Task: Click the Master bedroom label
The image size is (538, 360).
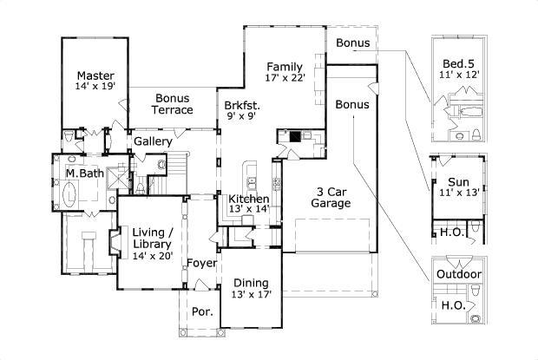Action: coord(95,75)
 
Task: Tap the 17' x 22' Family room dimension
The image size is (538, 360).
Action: coord(285,78)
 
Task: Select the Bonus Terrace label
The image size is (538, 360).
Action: coord(172,104)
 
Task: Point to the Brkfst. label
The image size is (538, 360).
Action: coord(242,105)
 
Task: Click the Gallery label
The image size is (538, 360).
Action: coord(153,141)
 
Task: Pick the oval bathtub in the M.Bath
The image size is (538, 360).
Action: coord(69,194)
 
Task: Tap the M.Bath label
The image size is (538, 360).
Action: coord(85,173)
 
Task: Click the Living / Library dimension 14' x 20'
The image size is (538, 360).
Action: coord(153,255)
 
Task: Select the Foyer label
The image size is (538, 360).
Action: coord(201,264)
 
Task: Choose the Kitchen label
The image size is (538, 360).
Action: coord(249,199)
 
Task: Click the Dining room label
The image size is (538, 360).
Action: coord(251,283)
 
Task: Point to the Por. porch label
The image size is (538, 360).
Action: coord(202,312)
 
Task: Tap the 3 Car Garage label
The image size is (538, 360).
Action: coord(331,198)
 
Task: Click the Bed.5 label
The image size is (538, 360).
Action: coord(458,64)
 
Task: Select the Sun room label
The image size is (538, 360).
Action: coord(459,182)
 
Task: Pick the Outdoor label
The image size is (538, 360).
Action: coord(459,274)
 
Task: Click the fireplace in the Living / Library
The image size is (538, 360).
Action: coord(115,242)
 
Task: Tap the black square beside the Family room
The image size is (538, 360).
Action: coord(295,136)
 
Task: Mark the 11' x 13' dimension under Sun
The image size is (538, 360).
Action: coord(459,193)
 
